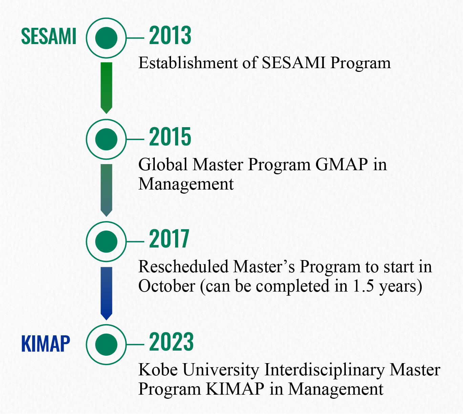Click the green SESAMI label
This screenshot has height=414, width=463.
pyautogui.click(x=49, y=36)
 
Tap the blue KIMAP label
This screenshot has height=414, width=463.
pyautogui.click(x=46, y=344)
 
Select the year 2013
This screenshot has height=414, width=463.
pyautogui.click(x=170, y=36)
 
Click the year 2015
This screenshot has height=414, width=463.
pyautogui.click(x=170, y=137)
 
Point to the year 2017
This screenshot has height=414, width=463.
pyautogui.click(x=169, y=239)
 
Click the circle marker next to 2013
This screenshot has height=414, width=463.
pyautogui.click(x=106, y=38)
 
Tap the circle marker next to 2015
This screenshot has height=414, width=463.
pyautogui.click(x=106, y=139)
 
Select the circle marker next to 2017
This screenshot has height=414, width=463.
pyautogui.click(x=106, y=241)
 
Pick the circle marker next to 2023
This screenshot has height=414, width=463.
pyautogui.click(x=106, y=344)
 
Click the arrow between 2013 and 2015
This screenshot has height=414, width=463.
pyautogui.click(x=106, y=87)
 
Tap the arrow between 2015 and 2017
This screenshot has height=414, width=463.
pyautogui.click(x=106, y=190)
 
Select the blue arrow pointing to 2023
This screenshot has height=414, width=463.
pyautogui.click(x=106, y=293)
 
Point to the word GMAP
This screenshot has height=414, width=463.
pyautogui.click(x=341, y=164)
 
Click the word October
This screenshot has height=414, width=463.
pyautogui.click(x=167, y=286)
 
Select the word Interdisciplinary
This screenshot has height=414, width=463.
pyautogui.click(x=324, y=370)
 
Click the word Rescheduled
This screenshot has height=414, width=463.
pyautogui.click(x=183, y=267)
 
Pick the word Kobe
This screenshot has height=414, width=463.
pyautogui.click(x=158, y=370)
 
